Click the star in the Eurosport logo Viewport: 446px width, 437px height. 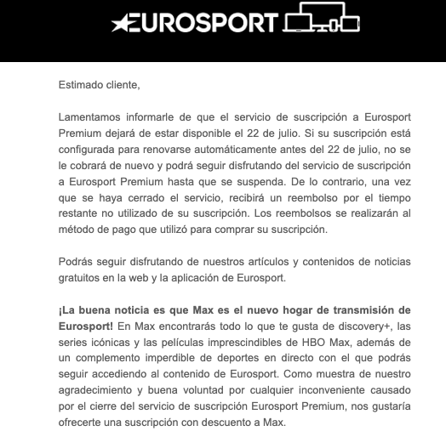[x=125, y=23]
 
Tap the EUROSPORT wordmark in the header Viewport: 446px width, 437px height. [x=205, y=23]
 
